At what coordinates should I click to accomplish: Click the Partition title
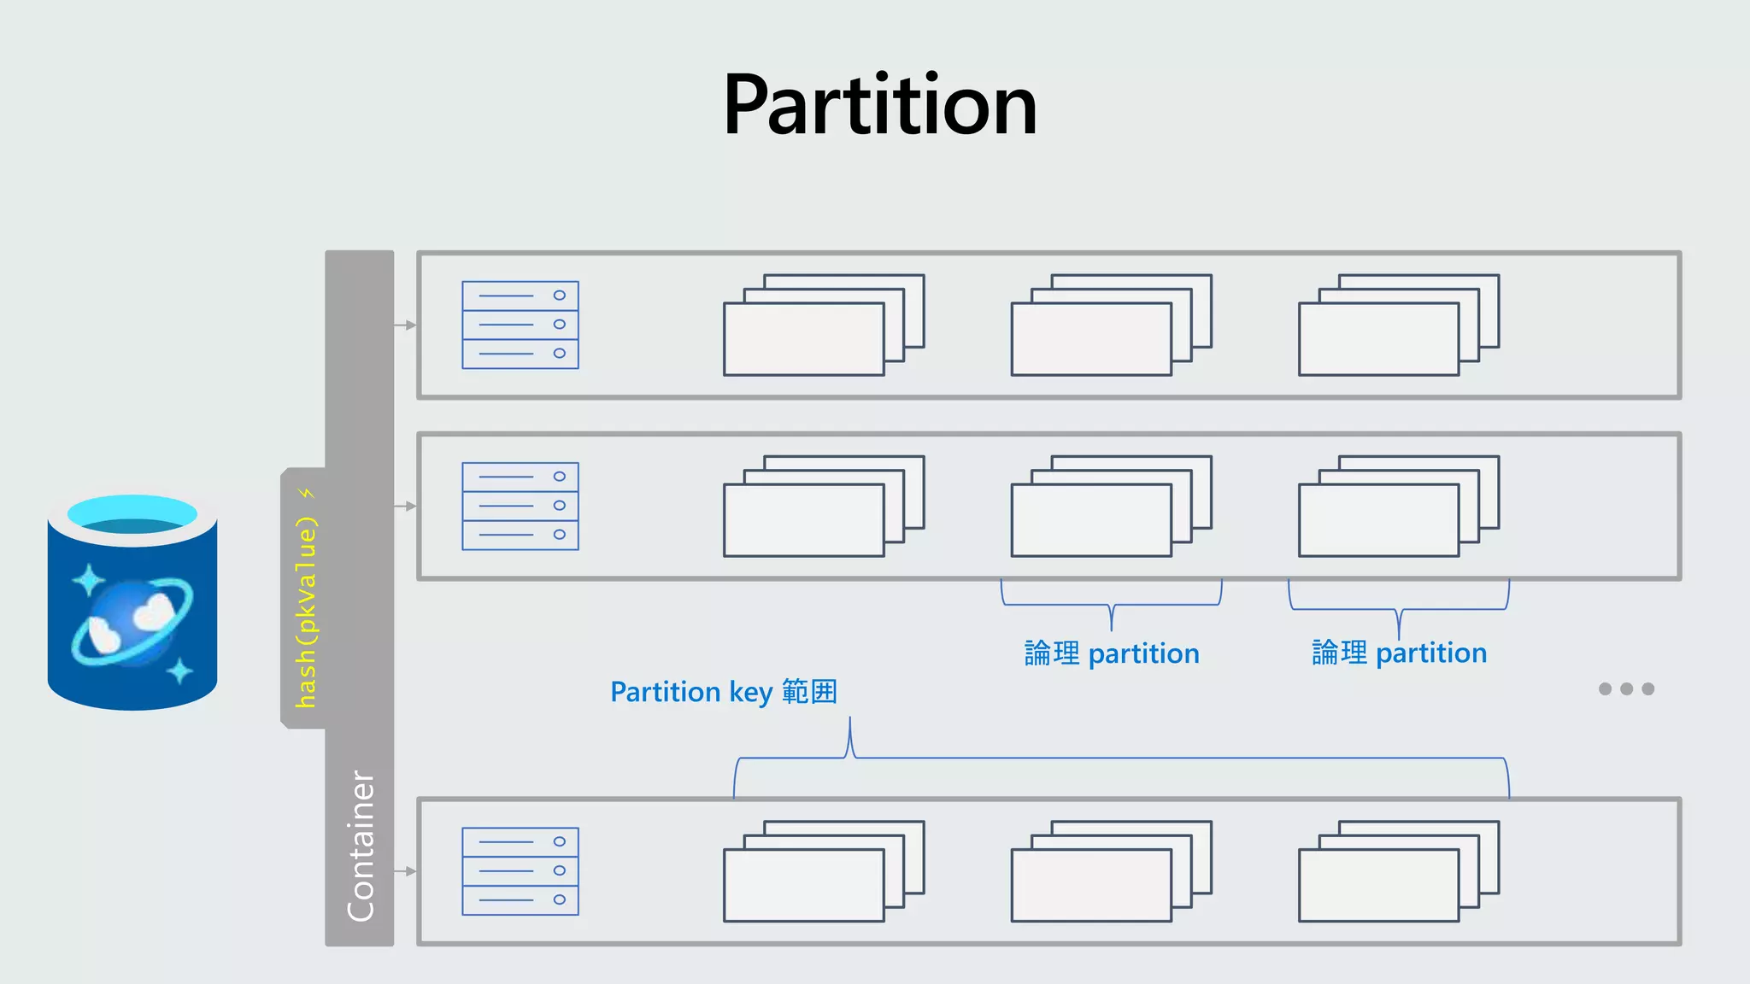point(880,105)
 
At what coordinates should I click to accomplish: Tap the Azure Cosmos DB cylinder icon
point(132,602)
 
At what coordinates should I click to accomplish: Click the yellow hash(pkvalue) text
point(306,612)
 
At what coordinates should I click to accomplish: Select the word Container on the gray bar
point(361,846)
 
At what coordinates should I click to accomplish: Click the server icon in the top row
point(520,325)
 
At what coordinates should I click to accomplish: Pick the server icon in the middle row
point(520,506)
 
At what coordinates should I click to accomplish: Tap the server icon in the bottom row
point(520,870)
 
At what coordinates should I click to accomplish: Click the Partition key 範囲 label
point(723,691)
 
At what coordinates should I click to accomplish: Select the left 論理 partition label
point(1111,653)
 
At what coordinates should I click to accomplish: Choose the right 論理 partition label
point(1399,653)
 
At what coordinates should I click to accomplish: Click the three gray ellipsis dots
point(1626,688)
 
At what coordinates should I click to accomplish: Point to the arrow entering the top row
point(405,325)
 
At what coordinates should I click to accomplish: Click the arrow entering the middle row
point(405,506)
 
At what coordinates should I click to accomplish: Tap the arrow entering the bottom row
point(405,870)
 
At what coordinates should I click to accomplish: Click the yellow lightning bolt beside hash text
point(307,494)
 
